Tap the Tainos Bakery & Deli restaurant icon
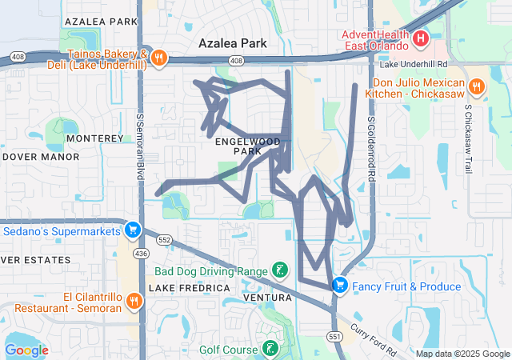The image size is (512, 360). [159, 58]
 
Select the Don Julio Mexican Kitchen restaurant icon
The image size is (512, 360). [477, 86]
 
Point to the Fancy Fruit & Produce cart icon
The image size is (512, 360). [339, 285]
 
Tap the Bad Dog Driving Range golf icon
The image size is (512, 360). [279, 270]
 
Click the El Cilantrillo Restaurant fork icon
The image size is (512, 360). [133, 301]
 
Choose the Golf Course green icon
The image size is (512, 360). [271, 349]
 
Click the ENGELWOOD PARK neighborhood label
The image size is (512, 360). [248, 146]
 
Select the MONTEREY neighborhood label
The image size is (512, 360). [94, 138]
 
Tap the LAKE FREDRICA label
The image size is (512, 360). [183, 288]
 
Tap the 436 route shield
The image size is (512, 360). [141, 253]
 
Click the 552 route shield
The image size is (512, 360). [165, 239]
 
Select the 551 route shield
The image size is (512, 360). [334, 338]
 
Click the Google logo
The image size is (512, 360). [26, 350]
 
